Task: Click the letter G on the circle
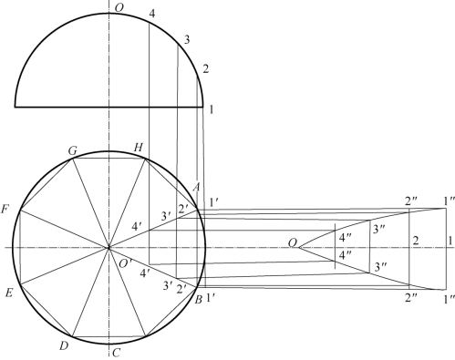(73, 150)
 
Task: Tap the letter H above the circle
(138, 148)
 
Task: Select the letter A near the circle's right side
(196, 188)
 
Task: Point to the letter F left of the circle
(5, 210)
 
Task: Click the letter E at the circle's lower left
(9, 293)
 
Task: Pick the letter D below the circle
(63, 345)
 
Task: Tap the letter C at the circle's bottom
(117, 353)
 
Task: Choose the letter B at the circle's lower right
(198, 300)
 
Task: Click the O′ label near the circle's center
(125, 263)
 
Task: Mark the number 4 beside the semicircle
(152, 14)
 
